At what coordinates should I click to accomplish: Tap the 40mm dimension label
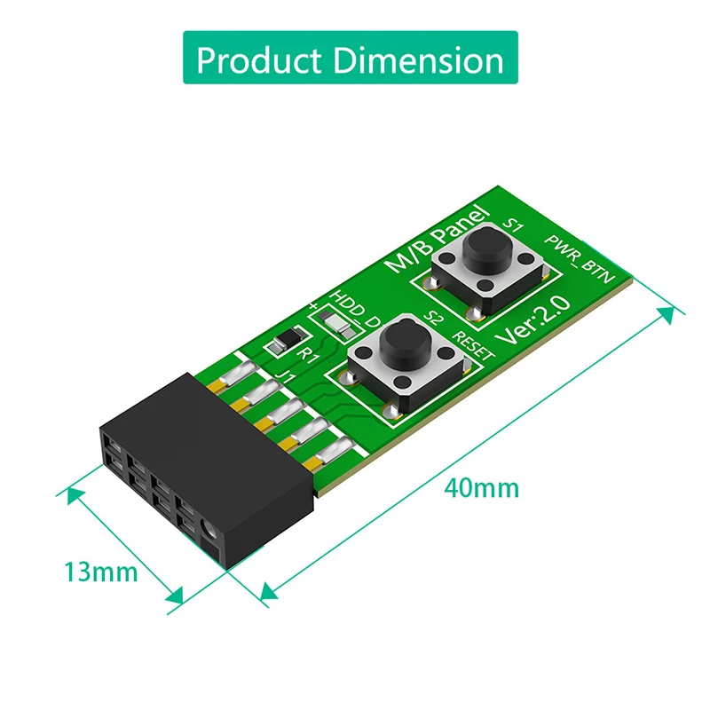tap(483, 487)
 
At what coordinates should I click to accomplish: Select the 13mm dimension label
tap(101, 571)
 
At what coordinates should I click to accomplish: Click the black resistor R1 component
tap(288, 338)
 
